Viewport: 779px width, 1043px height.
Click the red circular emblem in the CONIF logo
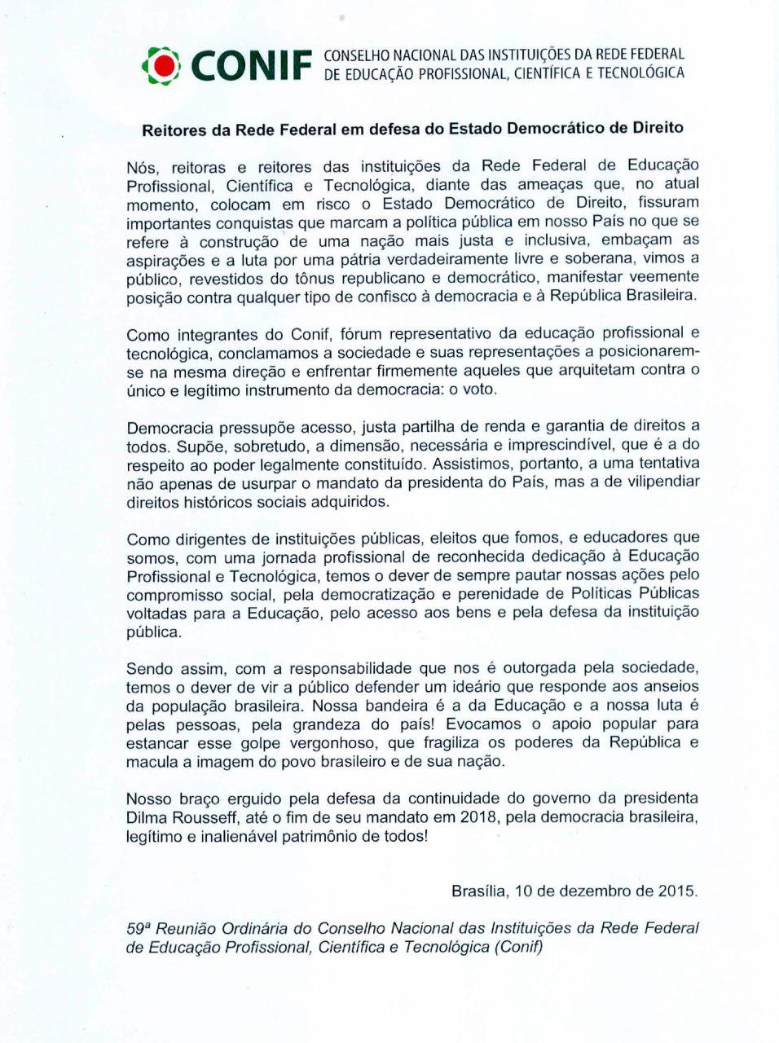point(165,66)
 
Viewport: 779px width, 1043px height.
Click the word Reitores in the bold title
point(174,129)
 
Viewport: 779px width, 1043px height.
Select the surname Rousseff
point(213,818)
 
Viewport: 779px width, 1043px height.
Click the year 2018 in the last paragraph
point(478,818)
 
